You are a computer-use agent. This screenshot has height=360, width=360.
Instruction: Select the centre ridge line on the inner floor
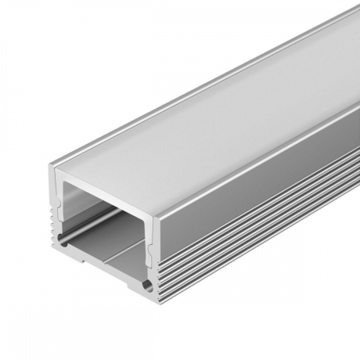click(117, 249)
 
